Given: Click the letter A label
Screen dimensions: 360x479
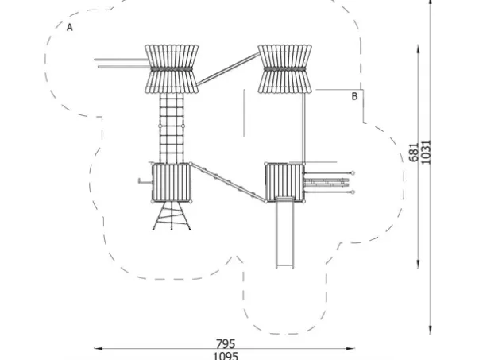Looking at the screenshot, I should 70,27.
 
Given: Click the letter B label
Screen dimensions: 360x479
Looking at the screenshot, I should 355,96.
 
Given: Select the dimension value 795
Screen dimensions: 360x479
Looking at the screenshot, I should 226,344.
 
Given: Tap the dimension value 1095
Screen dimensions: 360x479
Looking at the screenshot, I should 226,355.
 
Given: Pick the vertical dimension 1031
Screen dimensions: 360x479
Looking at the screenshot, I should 427,151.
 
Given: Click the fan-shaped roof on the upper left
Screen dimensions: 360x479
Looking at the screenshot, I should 172,69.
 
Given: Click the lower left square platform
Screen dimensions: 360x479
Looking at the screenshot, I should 171,182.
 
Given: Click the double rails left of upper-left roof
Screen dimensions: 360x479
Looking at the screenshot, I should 120,63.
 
